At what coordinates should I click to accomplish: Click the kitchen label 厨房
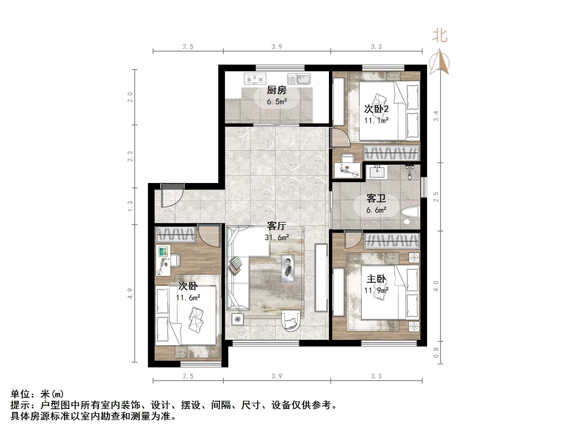pyautogui.click(x=276, y=90)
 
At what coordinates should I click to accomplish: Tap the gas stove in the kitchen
pyautogui.click(x=255, y=79)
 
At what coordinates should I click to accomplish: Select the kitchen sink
pyautogui.click(x=299, y=79)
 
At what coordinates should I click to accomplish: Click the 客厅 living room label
pyautogui.click(x=276, y=226)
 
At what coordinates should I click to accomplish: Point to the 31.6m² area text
pyautogui.click(x=277, y=238)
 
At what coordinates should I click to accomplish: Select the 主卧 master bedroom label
pyautogui.click(x=376, y=279)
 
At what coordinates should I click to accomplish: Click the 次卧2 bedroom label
pyautogui.click(x=376, y=109)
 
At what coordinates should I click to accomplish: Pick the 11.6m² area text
pyautogui.click(x=188, y=298)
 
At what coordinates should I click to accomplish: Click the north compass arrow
pyautogui.click(x=439, y=62)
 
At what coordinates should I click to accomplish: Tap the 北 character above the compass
pyautogui.click(x=440, y=36)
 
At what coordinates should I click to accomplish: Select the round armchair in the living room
pyautogui.click(x=291, y=320)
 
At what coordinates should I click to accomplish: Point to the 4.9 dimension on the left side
pyautogui.click(x=130, y=294)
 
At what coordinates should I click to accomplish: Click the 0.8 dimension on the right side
pyautogui.click(x=436, y=353)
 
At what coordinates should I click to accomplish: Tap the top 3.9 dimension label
pyautogui.click(x=277, y=47)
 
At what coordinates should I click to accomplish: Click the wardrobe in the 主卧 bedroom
pyautogui.click(x=391, y=240)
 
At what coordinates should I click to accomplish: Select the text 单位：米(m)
pyautogui.click(x=37, y=394)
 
